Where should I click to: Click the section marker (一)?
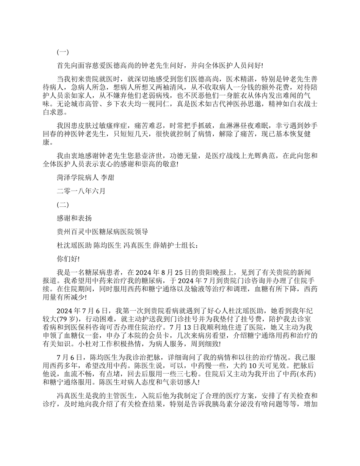click(63, 52)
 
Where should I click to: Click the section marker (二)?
click(63, 205)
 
